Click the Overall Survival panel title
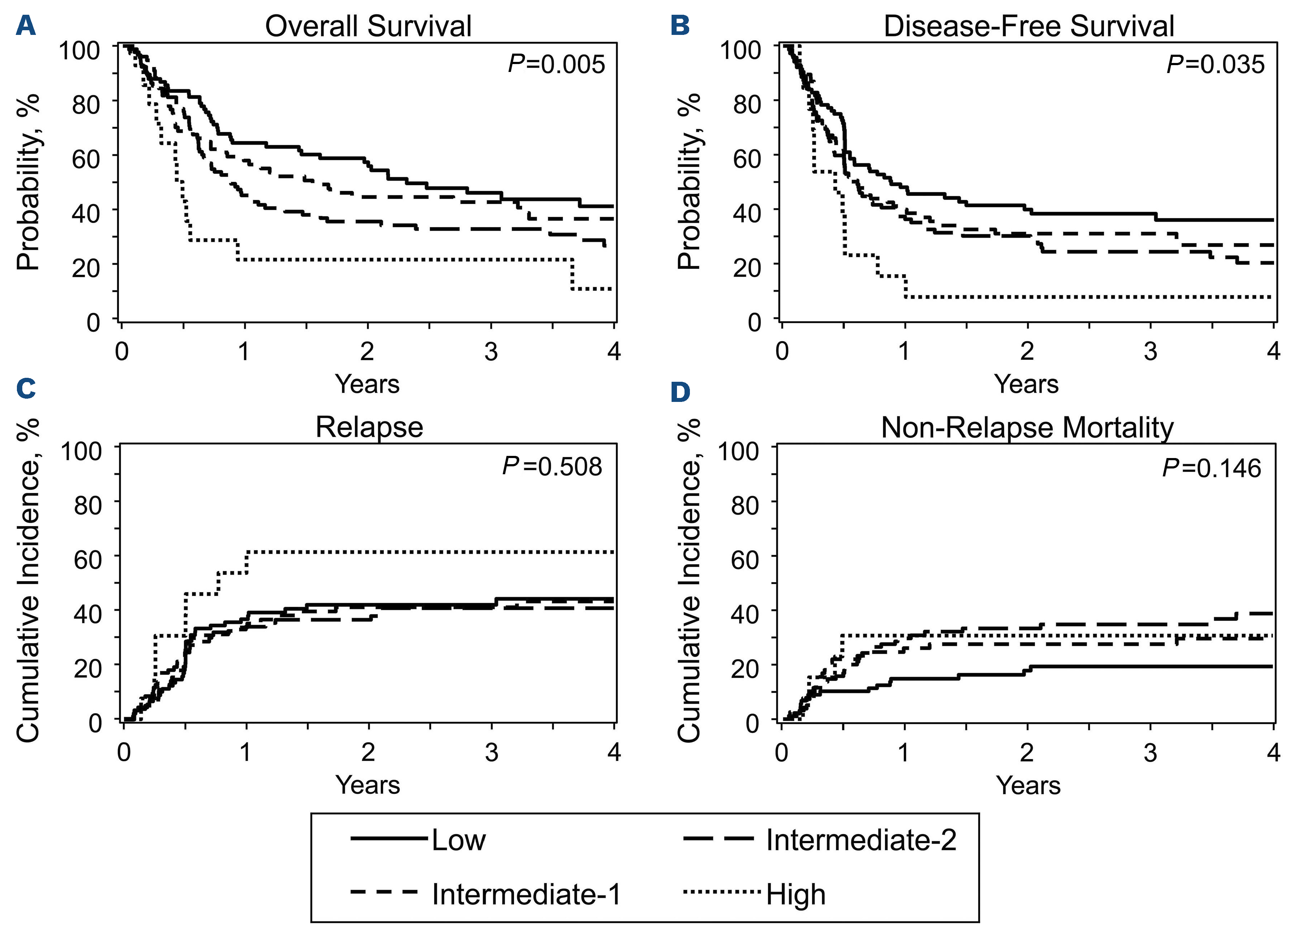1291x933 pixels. pyautogui.click(x=368, y=26)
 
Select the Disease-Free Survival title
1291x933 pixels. pyautogui.click(x=1029, y=26)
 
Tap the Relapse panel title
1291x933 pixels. pyautogui.click(x=370, y=427)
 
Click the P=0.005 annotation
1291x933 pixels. pyautogui.click(x=556, y=64)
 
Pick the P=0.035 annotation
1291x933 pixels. pyautogui.click(x=1215, y=64)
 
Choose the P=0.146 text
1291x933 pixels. pyautogui.click(x=1211, y=468)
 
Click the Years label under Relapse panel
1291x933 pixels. pyautogui.click(x=368, y=785)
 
